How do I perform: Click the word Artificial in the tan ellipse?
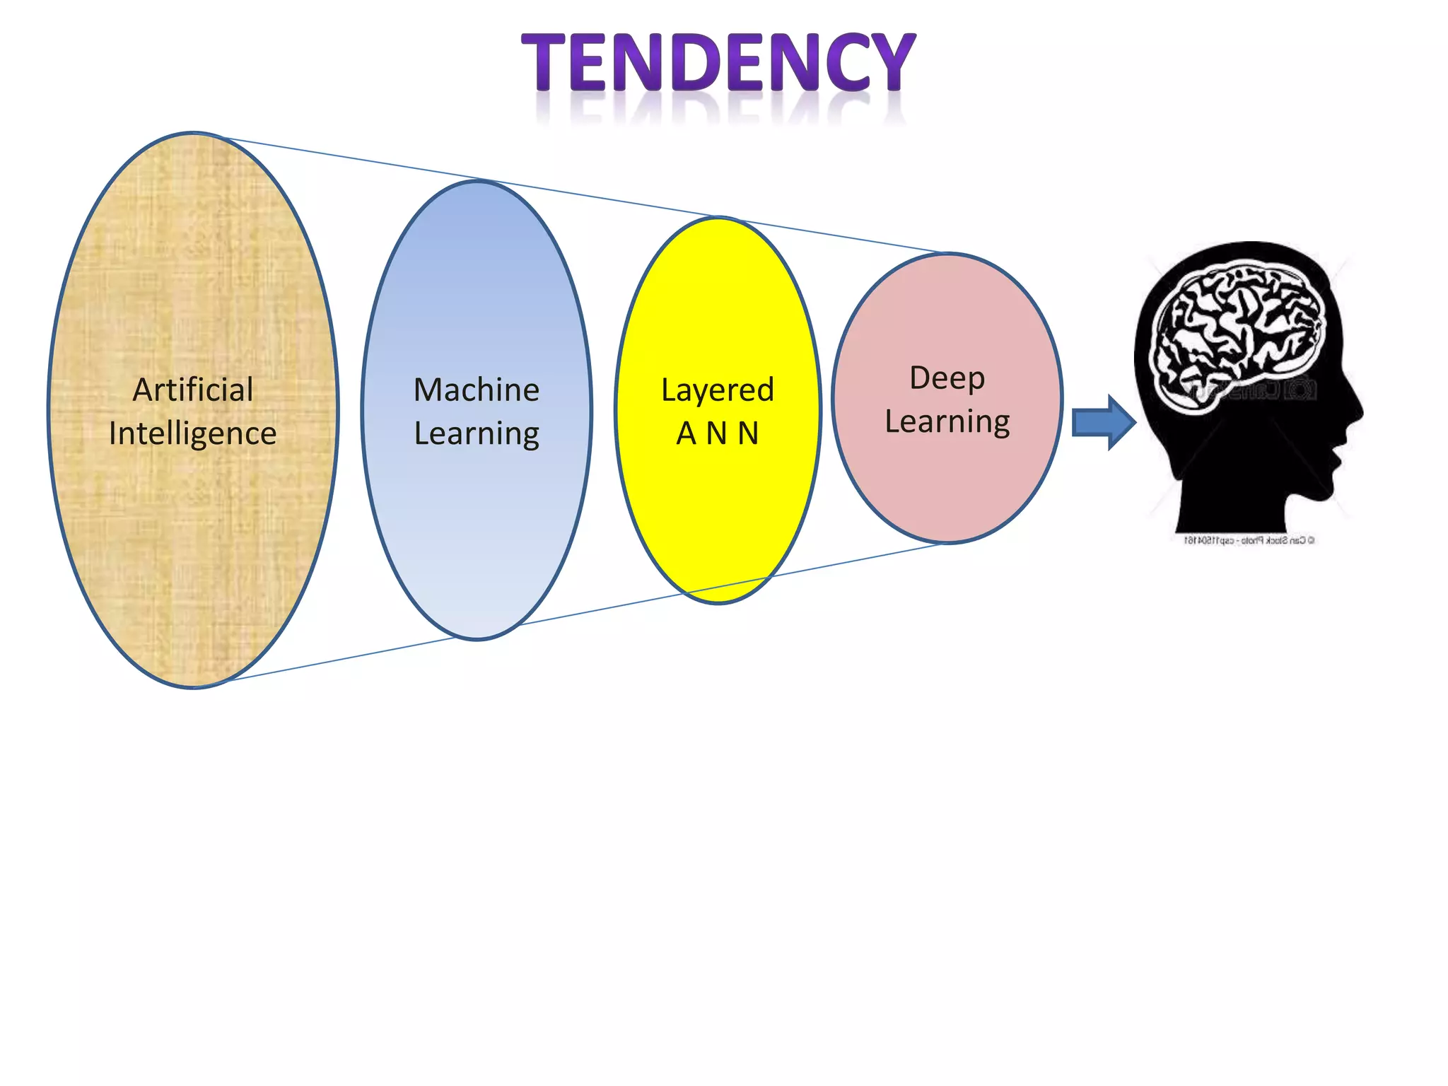click(x=193, y=390)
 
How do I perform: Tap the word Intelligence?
click(x=193, y=433)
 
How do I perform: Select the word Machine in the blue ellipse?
click(x=477, y=390)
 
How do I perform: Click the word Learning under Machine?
click(x=477, y=433)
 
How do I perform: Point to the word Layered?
click(x=718, y=390)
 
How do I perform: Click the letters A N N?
click(x=718, y=433)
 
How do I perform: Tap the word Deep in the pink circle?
click(x=947, y=378)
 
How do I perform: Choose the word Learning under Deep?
click(x=947, y=421)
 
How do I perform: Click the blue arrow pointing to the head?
click(x=1103, y=423)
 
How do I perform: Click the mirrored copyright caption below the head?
click(x=1249, y=540)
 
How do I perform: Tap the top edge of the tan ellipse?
click(x=193, y=134)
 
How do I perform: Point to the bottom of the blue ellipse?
click(x=477, y=638)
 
